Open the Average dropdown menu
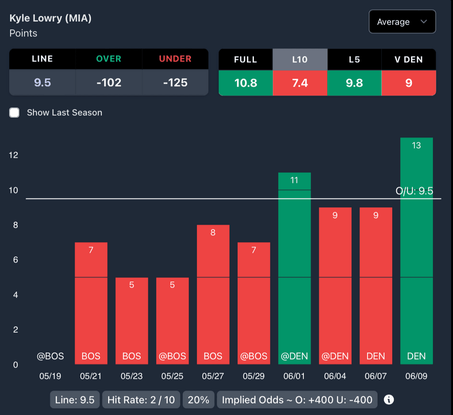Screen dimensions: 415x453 402,22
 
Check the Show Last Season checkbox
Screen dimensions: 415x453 15,113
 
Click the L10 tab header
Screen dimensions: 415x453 299,59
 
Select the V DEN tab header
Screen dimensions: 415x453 408,59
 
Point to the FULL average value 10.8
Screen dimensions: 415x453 246,83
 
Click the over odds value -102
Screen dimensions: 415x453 109,83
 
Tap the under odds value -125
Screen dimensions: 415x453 175,83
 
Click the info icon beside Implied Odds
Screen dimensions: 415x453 389,400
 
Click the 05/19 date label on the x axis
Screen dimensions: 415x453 50,376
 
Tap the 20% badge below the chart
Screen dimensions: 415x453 198,400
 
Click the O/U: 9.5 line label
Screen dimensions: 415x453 414,191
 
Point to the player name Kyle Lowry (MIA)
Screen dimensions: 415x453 50,19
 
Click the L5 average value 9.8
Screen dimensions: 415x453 354,83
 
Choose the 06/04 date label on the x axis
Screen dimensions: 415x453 335,376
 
